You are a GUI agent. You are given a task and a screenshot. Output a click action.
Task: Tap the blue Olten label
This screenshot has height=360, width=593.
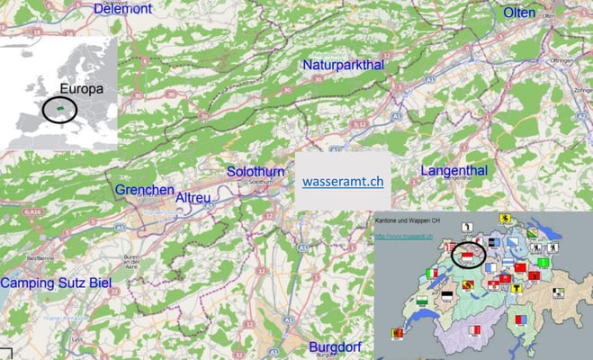519,13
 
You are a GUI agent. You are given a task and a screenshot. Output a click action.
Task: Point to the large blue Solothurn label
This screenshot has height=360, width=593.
255,170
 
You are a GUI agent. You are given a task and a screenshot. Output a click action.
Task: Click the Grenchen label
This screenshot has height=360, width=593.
144,190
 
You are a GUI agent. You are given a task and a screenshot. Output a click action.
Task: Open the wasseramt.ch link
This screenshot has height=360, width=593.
343,180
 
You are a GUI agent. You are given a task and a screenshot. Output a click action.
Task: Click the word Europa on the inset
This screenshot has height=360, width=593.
82,89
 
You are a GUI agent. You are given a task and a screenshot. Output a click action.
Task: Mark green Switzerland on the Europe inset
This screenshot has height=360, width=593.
58,108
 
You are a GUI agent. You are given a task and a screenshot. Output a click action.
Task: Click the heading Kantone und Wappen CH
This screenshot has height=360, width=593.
408,220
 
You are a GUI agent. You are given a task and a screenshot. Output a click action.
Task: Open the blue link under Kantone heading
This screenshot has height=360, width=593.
405,238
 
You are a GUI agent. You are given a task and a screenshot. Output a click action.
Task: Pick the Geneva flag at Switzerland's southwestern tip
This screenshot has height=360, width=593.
397,333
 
